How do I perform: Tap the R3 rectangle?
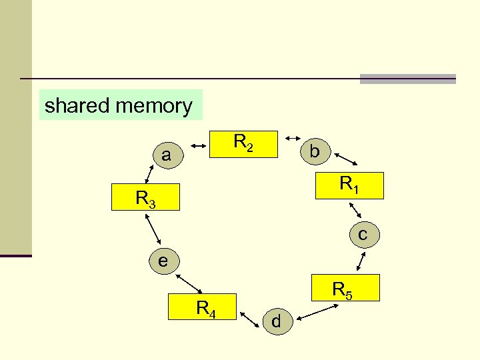[146, 197]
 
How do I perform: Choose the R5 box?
[343, 288]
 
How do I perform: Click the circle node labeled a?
[166, 156]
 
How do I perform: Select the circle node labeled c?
[362, 235]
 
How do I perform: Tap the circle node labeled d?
[277, 322]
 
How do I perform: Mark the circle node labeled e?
[163, 261]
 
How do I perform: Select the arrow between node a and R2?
[199, 143]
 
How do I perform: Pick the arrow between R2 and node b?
[292, 138]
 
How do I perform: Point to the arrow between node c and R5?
[363, 260]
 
